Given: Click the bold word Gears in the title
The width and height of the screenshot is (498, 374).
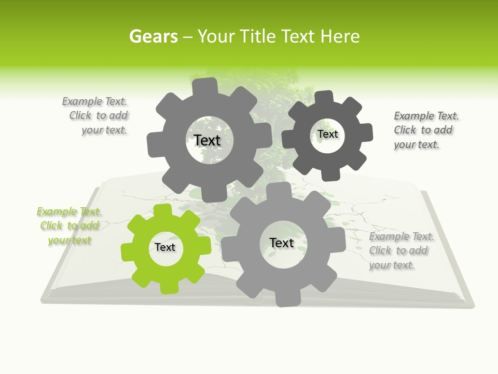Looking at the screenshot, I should pyautogui.click(x=153, y=36).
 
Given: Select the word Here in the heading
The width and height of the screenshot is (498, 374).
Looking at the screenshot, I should pyautogui.click(x=340, y=36).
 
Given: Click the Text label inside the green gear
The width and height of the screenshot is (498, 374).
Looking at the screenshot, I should pyautogui.click(x=165, y=247).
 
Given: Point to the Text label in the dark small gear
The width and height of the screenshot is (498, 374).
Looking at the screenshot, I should pyautogui.click(x=328, y=134).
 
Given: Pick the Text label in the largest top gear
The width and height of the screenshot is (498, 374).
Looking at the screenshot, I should pyautogui.click(x=207, y=140).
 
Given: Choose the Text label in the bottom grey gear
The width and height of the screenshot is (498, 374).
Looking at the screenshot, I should pyautogui.click(x=282, y=243).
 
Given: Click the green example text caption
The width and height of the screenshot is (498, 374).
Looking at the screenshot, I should pyautogui.click(x=70, y=226).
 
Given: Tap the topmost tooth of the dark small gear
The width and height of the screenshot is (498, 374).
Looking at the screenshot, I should pyautogui.click(x=324, y=97).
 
